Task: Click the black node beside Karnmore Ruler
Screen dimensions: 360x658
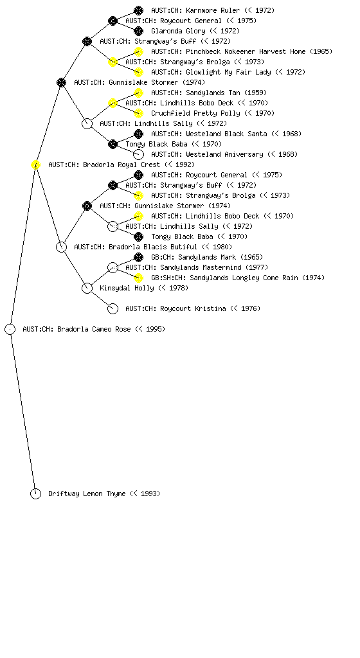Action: [x=138, y=10]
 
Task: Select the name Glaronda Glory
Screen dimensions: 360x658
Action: [x=178, y=31]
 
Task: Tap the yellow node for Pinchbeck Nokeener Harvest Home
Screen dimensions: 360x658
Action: [x=138, y=51]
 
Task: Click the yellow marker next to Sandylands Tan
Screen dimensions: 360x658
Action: [x=138, y=93]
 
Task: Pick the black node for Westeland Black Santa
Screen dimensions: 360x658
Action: [x=138, y=134]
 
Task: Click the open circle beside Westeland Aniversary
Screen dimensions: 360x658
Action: [x=138, y=154]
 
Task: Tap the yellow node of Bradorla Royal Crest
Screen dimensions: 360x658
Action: [x=35, y=165]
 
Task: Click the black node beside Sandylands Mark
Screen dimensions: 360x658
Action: [x=138, y=257]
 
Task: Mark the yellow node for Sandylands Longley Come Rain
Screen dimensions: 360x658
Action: [x=138, y=278]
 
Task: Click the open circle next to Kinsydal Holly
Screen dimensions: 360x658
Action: [x=87, y=288]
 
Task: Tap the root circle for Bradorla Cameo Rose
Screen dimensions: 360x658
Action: [x=10, y=329]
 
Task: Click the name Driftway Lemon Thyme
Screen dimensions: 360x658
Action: [x=87, y=494]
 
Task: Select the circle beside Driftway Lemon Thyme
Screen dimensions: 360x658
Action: [x=35, y=494]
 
